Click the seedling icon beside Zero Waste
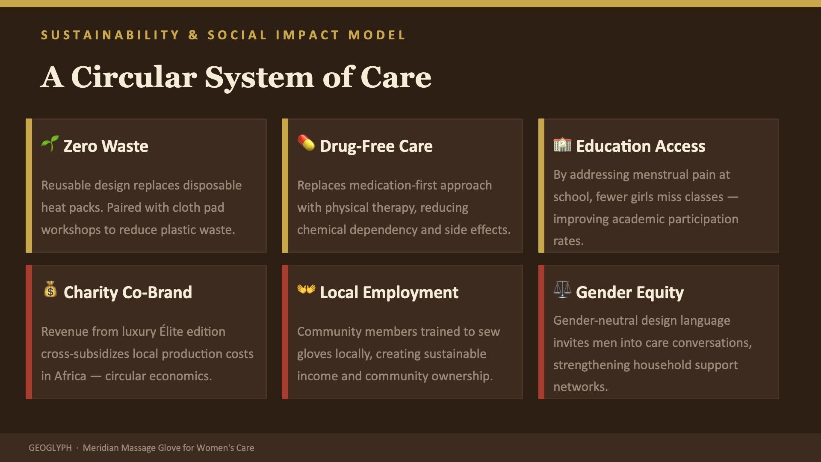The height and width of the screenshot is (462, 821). pyautogui.click(x=50, y=144)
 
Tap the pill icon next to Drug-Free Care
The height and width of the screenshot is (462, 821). pyautogui.click(x=306, y=143)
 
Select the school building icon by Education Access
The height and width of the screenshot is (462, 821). pyautogui.click(x=562, y=145)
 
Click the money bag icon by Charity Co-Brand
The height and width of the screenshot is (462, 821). pyautogui.click(x=50, y=290)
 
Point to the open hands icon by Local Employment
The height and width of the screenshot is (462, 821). pyautogui.click(x=306, y=290)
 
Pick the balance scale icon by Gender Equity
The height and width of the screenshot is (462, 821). pyautogui.click(x=562, y=290)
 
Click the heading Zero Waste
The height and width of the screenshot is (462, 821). pyautogui.click(x=106, y=146)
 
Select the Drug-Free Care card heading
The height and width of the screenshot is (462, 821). pyautogui.click(x=376, y=146)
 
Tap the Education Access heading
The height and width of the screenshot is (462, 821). pyautogui.click(x=641, y=146)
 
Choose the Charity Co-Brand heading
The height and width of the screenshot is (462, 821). pyautogui.click(x=128, y=293)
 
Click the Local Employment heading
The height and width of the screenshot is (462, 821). pyautogui.click(x=389, y=293)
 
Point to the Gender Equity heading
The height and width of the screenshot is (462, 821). pyautogui.click(x=630, y=293)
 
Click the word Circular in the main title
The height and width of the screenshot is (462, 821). pyautogui.click(x=134, y=77)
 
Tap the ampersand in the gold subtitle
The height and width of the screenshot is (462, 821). pyautogui.click(x=193, y=35)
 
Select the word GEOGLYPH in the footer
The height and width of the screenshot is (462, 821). pyautogui.click(x=50, y=448)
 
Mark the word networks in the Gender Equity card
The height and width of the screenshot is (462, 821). pyautogui.click(x=580, y=387)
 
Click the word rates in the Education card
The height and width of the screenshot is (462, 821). pyautogui.click(x=568, y=241)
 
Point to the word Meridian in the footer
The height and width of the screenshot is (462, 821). pyautogui.click(x=100, y=448)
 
